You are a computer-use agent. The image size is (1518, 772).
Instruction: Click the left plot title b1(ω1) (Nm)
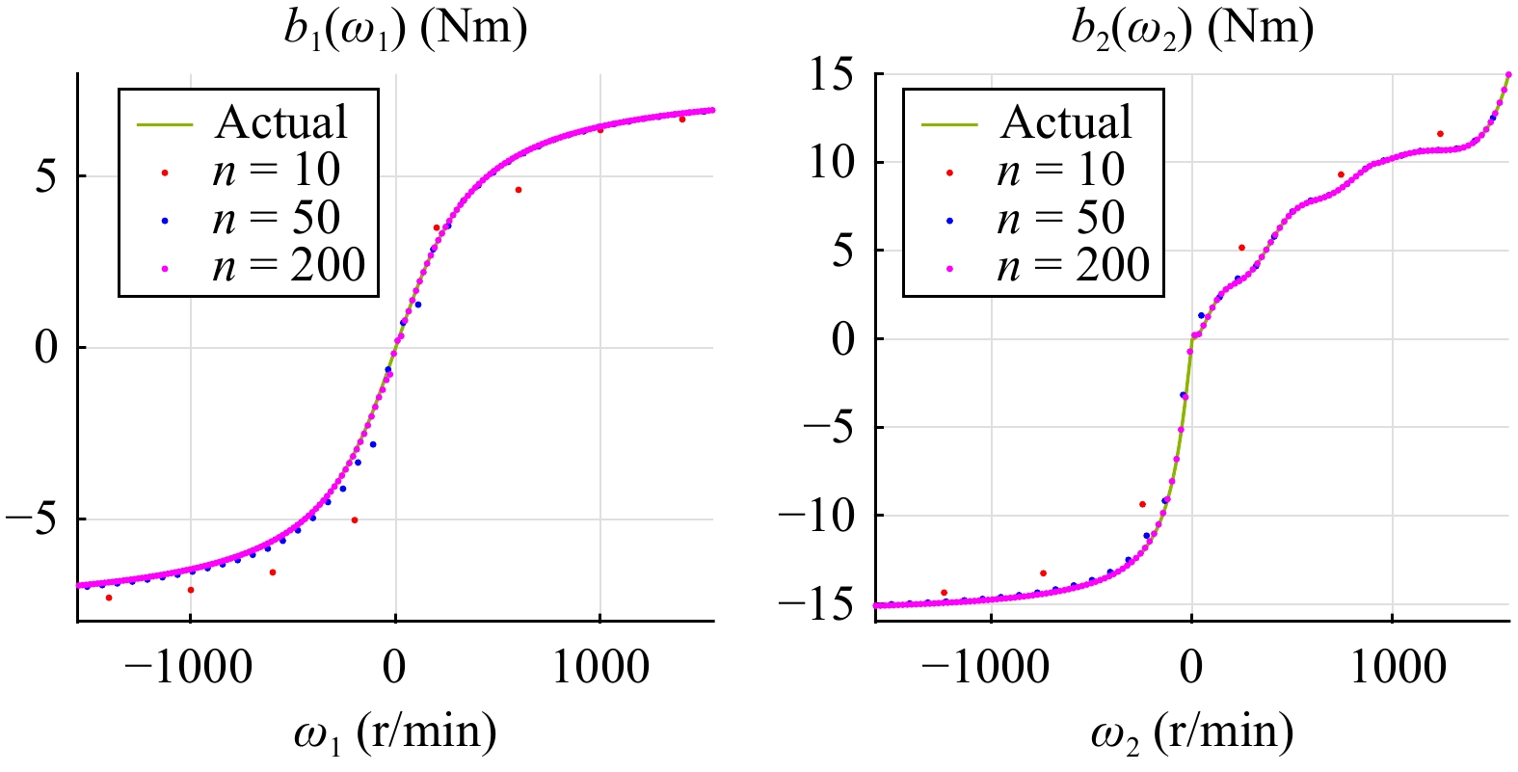(406, 29)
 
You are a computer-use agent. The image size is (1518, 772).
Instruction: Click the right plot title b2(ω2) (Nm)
(1192, 29)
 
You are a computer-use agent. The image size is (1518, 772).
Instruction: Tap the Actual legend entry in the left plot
(280, 122)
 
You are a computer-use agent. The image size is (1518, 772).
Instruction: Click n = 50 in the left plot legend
(276, 218)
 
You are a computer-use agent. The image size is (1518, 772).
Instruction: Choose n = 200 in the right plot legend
(1073, 265)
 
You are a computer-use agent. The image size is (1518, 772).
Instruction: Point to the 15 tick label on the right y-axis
(831, 75)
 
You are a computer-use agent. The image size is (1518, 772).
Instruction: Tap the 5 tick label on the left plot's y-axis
(46, 176)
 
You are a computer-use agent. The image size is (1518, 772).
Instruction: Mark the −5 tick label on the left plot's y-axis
(34, 519)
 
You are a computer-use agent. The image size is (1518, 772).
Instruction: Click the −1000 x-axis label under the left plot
(189, 667)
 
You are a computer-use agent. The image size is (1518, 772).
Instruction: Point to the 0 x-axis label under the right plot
(1191, 667)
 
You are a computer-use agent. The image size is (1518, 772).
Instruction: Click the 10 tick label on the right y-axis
(831, 163)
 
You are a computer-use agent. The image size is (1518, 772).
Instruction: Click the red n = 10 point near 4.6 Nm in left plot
(519, 190)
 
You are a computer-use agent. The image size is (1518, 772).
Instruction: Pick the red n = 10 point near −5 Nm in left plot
(355, 520)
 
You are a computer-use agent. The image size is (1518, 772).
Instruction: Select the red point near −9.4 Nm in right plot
(1142, 504)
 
